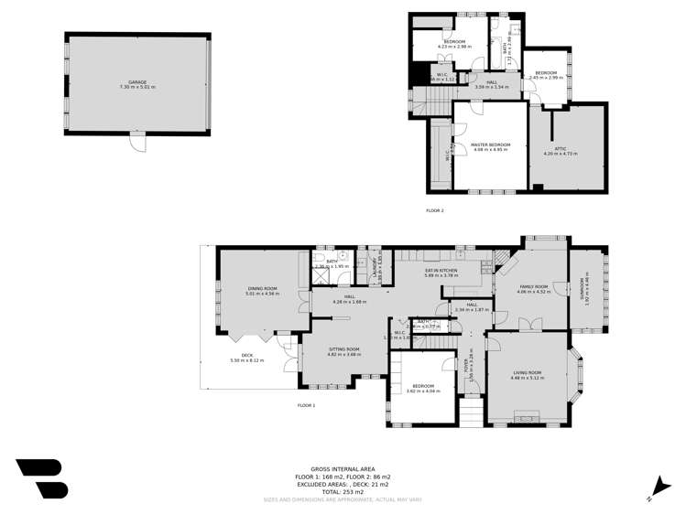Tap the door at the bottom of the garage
137,142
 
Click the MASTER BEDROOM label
490,145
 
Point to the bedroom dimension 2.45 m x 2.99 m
546,78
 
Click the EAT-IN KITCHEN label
441,270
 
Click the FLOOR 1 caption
306,405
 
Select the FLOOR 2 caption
434,210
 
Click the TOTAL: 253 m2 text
342,492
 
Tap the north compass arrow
655,487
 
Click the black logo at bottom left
41,478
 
